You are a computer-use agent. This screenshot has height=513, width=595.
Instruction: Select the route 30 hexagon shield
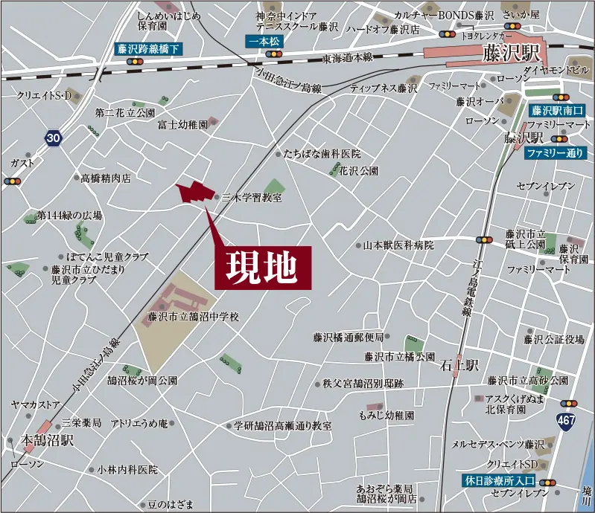tap(51, 138)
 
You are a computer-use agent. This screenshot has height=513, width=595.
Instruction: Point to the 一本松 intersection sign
tap(264, 41)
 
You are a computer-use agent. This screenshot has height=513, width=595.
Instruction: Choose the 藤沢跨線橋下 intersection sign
tap(149, 49)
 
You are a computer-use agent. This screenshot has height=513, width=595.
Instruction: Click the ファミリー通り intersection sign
tap(554, 153)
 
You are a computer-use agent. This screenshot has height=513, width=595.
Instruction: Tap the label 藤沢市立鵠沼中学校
tap(194, 317)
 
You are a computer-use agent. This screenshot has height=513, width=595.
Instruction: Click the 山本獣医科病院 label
tap(398, 245)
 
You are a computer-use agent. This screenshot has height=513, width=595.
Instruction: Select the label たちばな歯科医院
tap(322, 154)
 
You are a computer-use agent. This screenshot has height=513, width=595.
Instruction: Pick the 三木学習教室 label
tap(252, 198)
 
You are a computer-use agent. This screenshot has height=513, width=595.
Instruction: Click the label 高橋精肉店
tap(106, 178)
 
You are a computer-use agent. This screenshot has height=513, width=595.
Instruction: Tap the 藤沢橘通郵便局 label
tap(349, 337)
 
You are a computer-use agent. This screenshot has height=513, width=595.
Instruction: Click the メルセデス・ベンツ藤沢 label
tap(497, 444)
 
